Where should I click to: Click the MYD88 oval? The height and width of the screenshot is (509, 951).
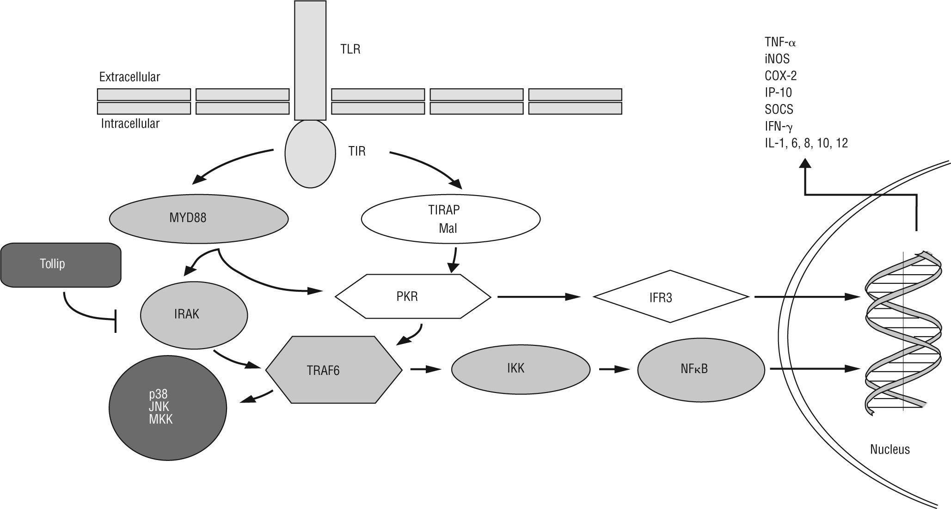(x=199, y=218)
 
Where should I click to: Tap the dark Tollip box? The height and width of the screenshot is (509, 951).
(x=61, y=265)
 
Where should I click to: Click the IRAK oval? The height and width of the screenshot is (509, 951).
(x=194, y=315)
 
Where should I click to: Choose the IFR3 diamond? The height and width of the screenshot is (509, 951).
(x=671, y=297)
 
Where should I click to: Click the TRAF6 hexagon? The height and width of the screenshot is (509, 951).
(x=334, y=370)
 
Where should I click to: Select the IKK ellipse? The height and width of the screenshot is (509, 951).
(x=521, y=369)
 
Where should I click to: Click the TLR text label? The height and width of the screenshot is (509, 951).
(x=350, y=49)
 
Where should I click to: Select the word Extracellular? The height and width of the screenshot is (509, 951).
(x=129, y=77)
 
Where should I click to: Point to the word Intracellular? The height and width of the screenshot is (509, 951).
(x=130, y=124)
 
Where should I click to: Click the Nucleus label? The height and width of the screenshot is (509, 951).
(x=890, y=449)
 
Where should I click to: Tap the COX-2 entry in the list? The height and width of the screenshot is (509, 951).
(x=780, y=76)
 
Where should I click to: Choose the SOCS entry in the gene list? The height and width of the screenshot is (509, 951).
(x=779, y=110)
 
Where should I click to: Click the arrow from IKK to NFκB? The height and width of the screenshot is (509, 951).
(x=614, y=369)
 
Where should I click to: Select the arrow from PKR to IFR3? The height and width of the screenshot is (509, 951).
(x=538, y=297)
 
